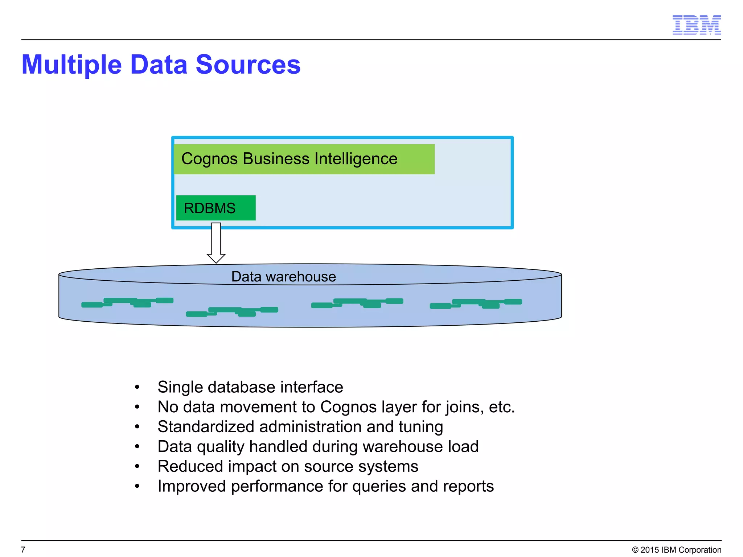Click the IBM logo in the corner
[696, 25]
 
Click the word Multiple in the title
[71, 65]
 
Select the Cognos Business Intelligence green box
[304, 159]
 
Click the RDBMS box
[216, 208]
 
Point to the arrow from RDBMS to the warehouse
[216, 242]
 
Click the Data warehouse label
[283, 277]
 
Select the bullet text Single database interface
[250, 387]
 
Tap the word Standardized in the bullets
[206, 426]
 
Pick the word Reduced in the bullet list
[190, 466]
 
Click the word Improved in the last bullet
[192, 486]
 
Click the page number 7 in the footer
[24, 549]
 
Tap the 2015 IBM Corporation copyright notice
[677, 550]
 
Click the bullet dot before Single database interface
[137, 387]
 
